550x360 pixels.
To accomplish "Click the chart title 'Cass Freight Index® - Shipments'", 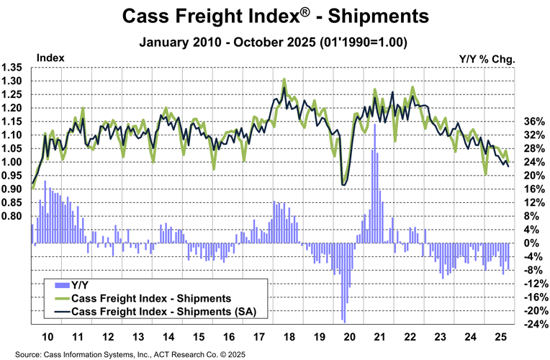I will [274, 15].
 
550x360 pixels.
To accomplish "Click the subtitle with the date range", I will [274, 42].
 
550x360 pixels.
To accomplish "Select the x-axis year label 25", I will [500, 337].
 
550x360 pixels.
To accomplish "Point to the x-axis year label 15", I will [198, 337].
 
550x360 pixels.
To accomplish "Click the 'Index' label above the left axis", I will [50, 56].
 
